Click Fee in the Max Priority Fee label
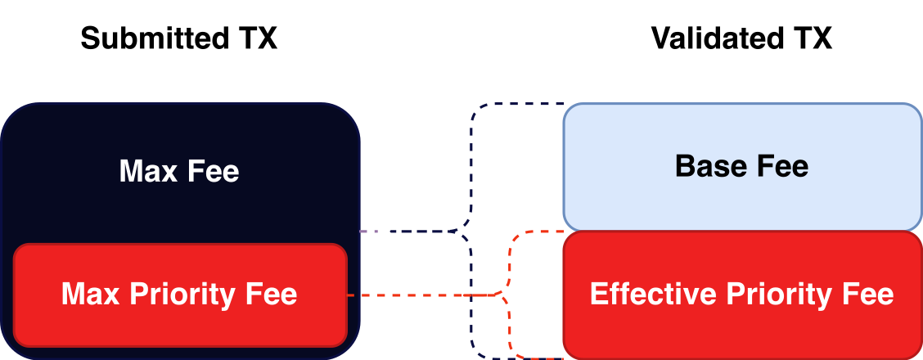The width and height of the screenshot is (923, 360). [272, 294]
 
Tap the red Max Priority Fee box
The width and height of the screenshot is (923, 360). [180, 327]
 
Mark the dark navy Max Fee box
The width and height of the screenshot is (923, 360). [180, 131]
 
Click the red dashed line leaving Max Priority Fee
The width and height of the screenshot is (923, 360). [409, 295]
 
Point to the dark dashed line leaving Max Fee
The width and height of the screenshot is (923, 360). [417, 232]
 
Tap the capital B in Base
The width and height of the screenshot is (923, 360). [684, 167]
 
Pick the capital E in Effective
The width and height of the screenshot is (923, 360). [597, 294]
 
